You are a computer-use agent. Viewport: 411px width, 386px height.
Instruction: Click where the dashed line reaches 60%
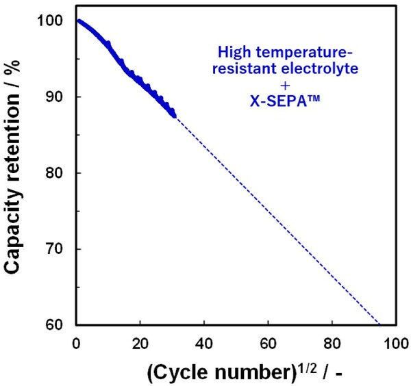pyautogui.click(x=378, y=324)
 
